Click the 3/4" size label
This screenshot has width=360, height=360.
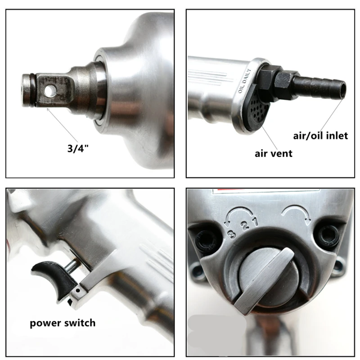78,148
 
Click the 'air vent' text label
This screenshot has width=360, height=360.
274,153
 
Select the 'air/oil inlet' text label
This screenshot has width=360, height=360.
320,135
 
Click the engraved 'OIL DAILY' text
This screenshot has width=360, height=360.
245,81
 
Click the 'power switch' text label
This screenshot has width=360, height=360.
63,323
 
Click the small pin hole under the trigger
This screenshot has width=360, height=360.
78,291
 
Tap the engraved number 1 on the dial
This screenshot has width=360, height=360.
255,222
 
